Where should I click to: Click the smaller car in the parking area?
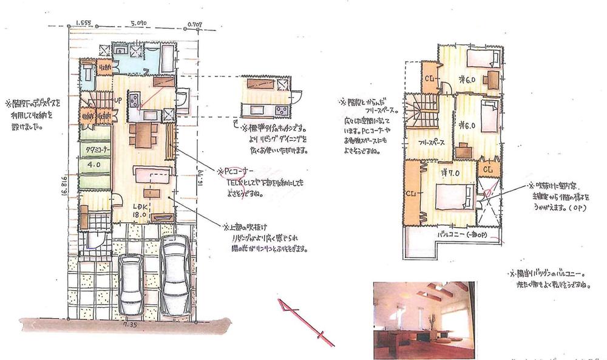pos(132,280)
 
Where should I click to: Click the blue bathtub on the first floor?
pos(161,59)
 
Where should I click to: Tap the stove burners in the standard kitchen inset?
pos(282,109)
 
